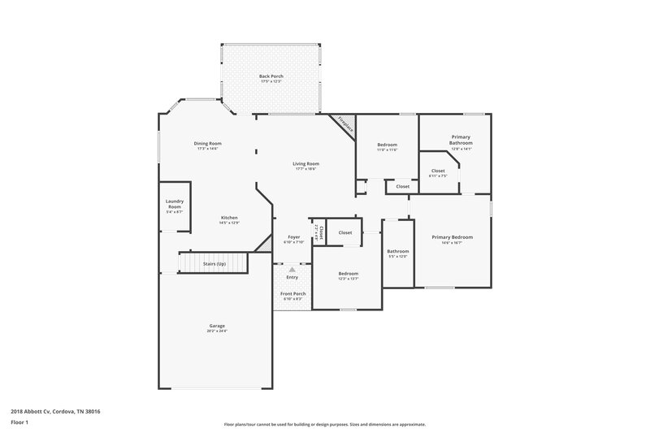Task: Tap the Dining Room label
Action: coord(208,144)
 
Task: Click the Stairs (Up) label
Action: coord(214,264)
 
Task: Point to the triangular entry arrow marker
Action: coord(292,269)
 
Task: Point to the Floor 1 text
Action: coord(19,423)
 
